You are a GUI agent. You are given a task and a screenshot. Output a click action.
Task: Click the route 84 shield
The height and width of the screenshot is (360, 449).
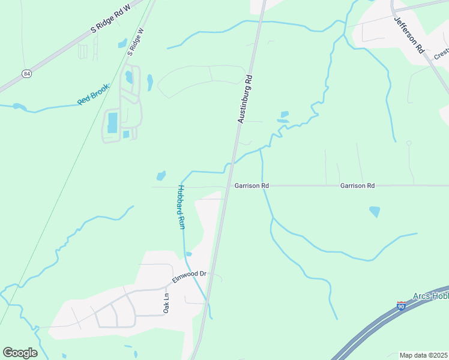26,73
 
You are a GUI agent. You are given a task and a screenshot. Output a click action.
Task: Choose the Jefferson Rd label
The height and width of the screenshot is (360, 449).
409,34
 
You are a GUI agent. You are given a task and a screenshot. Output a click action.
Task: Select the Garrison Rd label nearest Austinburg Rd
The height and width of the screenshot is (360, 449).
252,186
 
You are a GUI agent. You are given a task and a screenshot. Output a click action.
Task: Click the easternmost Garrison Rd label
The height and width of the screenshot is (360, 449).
357,186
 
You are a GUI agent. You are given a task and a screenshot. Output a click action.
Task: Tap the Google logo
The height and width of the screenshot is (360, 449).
20,353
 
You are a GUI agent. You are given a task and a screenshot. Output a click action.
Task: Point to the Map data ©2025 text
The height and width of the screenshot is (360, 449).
423,355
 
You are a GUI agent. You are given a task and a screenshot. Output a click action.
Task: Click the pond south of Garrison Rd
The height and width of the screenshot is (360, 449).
375,211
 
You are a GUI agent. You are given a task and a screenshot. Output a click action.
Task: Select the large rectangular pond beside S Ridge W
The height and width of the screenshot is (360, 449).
112,122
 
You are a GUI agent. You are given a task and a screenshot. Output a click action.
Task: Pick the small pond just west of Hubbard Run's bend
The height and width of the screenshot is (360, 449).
161,176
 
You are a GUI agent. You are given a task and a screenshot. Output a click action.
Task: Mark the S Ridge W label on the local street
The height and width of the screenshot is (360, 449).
136,42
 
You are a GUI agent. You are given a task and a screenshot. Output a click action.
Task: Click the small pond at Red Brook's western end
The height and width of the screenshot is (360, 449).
19,107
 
